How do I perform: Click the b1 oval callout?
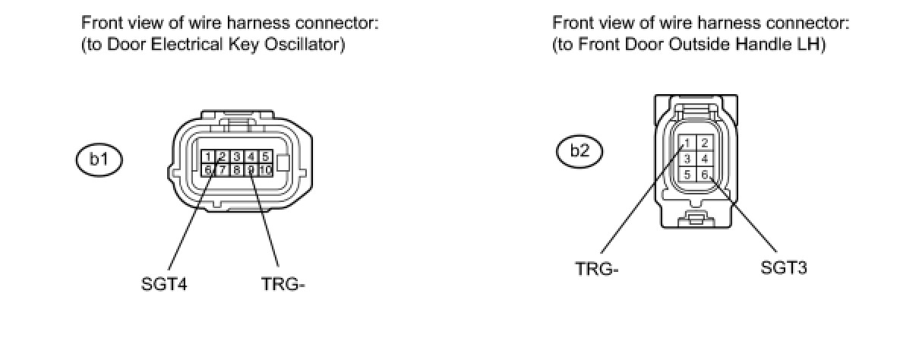(x=99, y=159)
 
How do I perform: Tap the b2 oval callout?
(x=580, y=150)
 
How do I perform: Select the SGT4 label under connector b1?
(x=164, y=285)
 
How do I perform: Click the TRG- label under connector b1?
(x=283, y=285)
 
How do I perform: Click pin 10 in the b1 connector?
(x=265, y=170)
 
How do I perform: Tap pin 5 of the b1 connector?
(x=265, y=157)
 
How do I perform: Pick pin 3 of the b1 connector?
(x=236, y=157)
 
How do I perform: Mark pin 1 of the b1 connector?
(x=207, y=157)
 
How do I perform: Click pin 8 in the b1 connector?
(x=236, y=170)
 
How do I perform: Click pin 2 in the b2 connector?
(x=704, y=143)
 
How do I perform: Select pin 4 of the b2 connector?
(x=704, y=159)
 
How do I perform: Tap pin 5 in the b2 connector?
(x=687, y=175)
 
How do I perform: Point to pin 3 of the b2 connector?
(x=687, y=159)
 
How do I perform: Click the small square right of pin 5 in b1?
(x=283, y=163)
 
